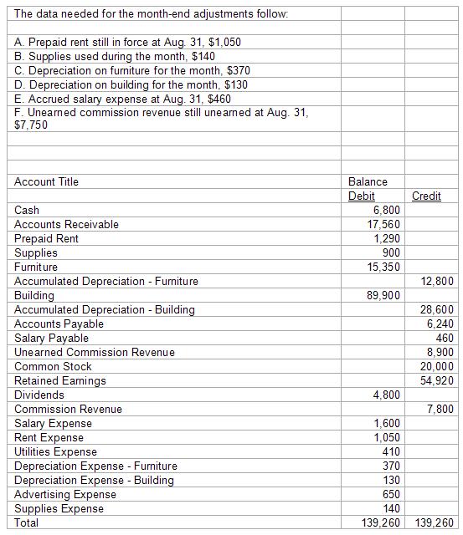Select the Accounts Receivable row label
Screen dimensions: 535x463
(66, 225)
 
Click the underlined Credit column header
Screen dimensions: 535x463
(426, 196)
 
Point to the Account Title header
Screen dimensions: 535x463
(46, 182)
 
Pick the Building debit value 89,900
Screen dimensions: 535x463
(383, 296)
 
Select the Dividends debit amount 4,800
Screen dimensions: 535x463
(386, 395)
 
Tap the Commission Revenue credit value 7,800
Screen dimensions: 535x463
(440, 410)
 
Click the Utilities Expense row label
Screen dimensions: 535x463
(55, 452)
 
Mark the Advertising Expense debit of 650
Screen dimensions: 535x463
(390, 495)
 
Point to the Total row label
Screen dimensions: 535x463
(26, 523)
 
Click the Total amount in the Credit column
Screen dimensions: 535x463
(434, 523)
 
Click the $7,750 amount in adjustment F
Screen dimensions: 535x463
(32, 125)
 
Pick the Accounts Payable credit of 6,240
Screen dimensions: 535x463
(440, 324)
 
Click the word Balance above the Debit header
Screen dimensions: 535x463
(368, 182)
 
